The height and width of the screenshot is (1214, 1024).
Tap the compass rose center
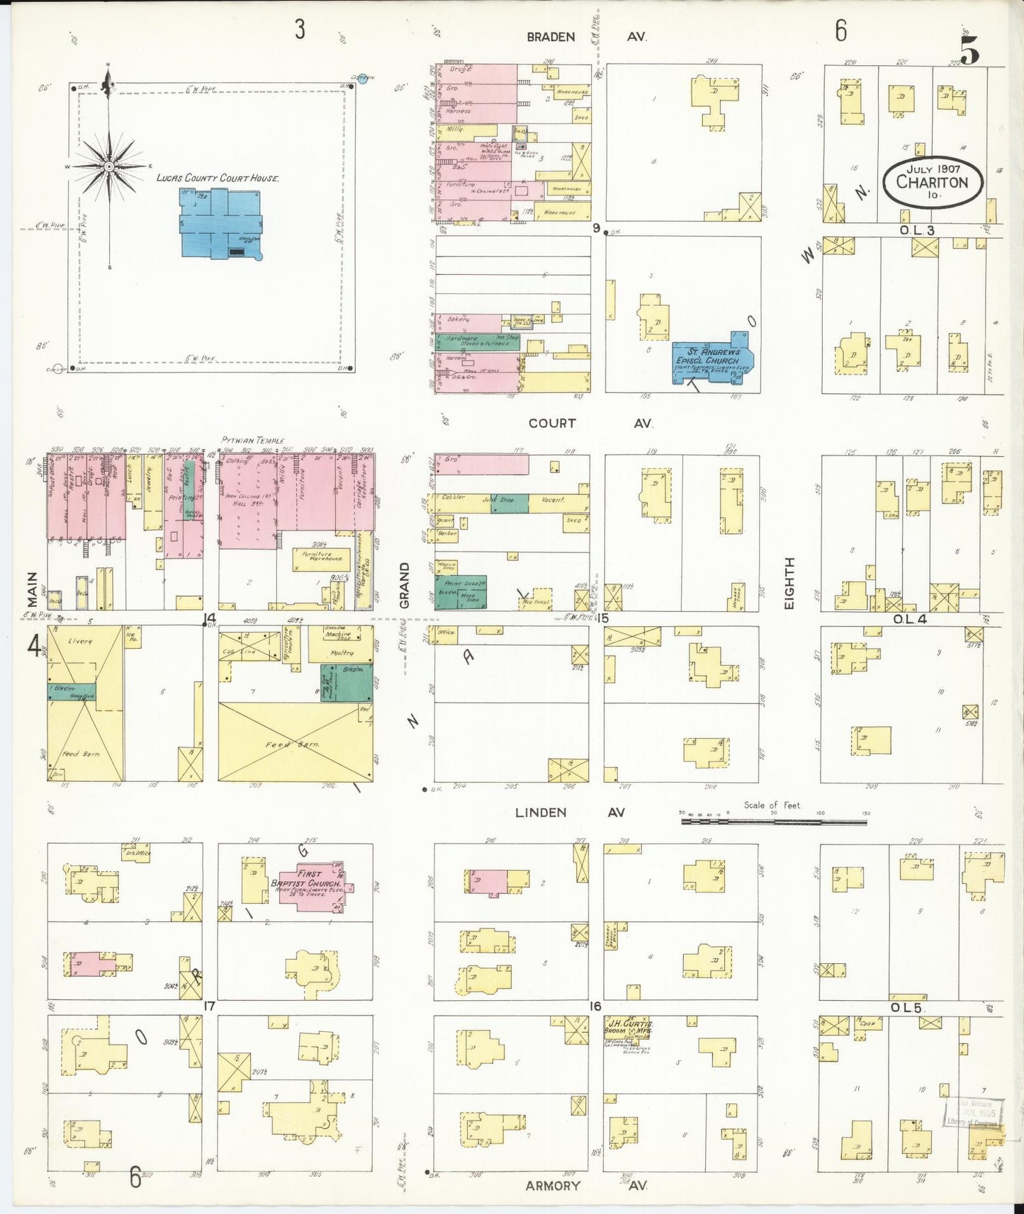tap(109, 167)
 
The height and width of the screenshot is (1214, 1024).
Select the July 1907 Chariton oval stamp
tap(933, 182)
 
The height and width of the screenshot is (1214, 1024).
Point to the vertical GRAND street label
tap(405, 585)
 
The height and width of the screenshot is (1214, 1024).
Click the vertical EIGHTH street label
tap(789, 582)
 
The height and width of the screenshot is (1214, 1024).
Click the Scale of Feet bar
tap(773, 822)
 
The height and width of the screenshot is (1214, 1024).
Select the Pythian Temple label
tap(252, 441)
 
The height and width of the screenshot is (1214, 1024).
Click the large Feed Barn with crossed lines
tap(295, 743)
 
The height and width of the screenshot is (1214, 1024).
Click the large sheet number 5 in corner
tap(970, 50)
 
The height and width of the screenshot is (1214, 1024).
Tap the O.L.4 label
tap(910, 619)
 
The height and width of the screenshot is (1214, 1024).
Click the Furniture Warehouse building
tap(321, 559)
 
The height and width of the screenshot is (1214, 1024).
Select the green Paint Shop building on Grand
tap(461, 590)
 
